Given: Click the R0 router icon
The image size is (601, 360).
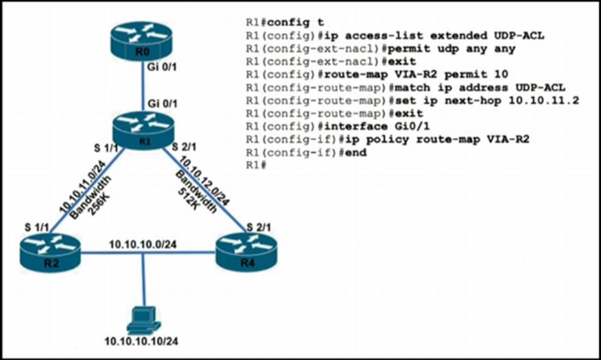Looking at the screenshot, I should point(143,43).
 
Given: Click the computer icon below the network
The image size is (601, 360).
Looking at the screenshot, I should point(144,318).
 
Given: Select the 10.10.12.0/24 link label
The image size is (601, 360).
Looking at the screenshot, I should point(206,180).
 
